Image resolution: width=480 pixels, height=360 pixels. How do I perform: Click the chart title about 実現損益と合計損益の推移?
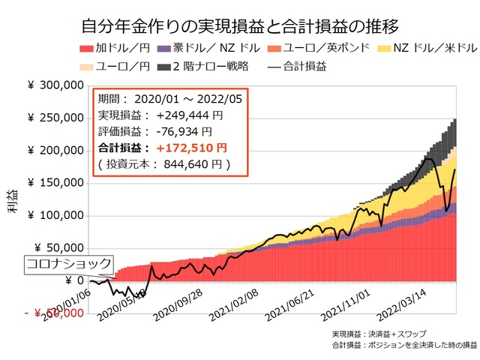(x=240, y=28)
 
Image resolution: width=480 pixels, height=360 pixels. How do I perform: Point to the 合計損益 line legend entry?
(x=295, y=66)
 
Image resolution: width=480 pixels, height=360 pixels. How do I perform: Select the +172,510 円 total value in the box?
(x=191, y=148)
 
